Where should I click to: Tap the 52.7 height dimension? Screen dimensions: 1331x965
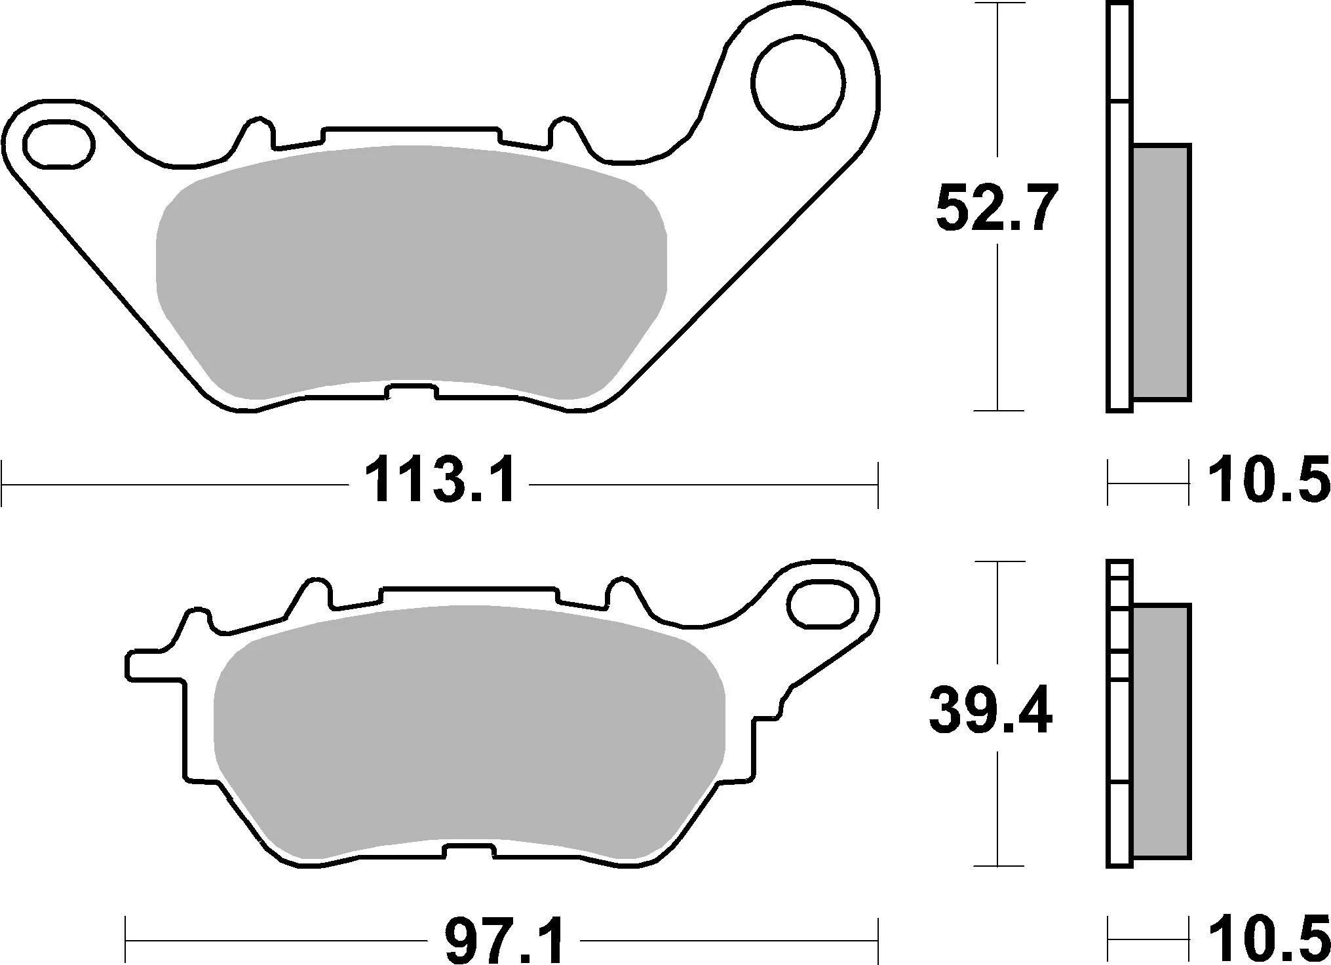pos(996,208)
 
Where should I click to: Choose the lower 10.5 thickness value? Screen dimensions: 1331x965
pos(1268,941)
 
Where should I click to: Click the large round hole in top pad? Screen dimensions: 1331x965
pos(798,82)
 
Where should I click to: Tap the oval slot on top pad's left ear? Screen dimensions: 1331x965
pos(58,143)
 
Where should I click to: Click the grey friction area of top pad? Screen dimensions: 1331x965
pos(412,272)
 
